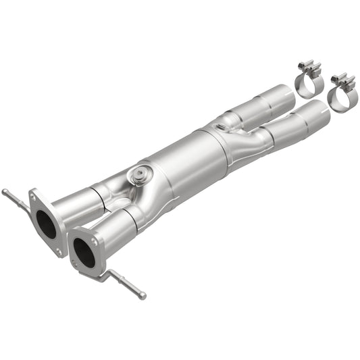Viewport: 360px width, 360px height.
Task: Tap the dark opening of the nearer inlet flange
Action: [x=84, y=253]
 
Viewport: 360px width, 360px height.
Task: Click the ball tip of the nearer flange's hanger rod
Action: [x=143, y=295]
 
